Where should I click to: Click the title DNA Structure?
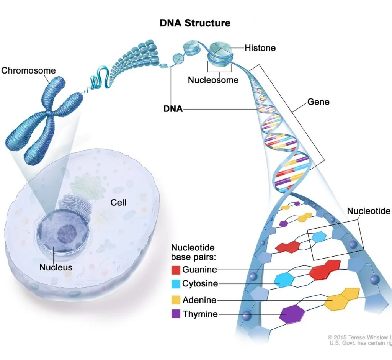tap(195, 23)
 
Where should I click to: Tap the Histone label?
tap(260, 48)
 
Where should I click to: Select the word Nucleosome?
tap(213, 80)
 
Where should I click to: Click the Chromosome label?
tap(28, 70)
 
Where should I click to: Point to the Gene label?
tap(318, 102)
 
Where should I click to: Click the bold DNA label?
tap(173, 109)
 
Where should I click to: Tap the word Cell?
tap(118, 202)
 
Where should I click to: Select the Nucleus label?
tap(56, 267)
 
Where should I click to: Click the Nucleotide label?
tap(368, 211)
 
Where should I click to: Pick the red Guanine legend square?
tap(176, 270)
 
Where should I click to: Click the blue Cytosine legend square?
tap(176, 284)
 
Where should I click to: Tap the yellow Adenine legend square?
tap(176, 300)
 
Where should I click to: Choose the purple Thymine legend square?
tap(176, 314)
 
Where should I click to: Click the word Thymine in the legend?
tap(200, 314)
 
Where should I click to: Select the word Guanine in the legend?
tap(199, 270)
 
